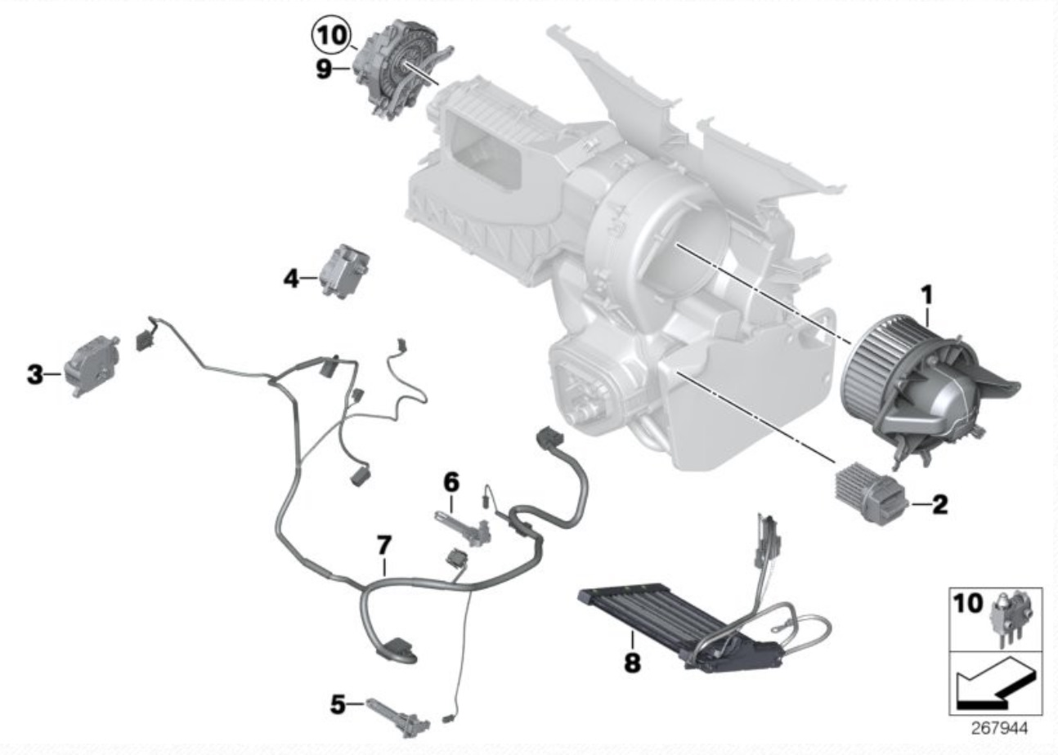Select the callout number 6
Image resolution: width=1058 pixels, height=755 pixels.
pyautogui.click(x=451, y=482)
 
